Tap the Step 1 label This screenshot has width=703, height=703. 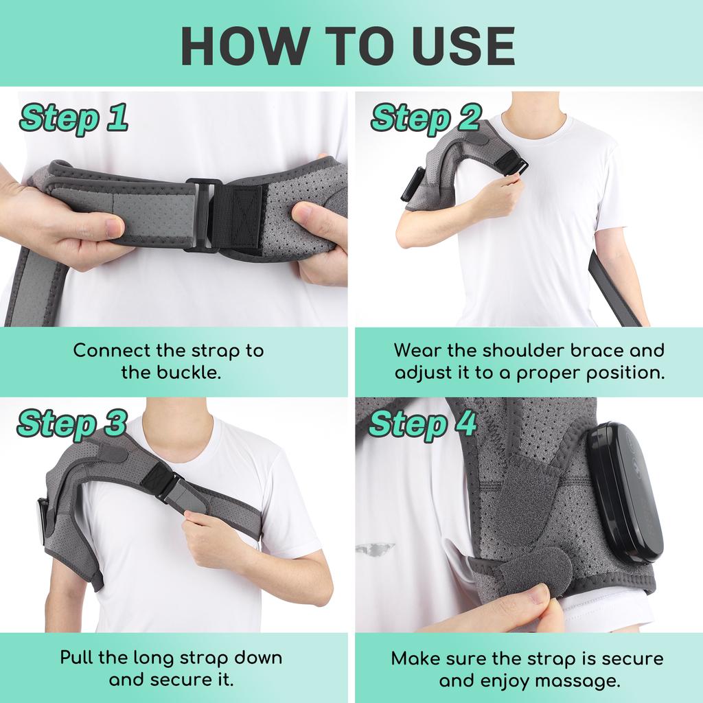click(73, 118)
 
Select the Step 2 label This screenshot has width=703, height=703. click(426, 118)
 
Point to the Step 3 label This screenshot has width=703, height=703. click(72, 424)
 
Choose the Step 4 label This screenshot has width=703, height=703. click(423, 424)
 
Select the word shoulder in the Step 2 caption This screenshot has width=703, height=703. click(529, 351)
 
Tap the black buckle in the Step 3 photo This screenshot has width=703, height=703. click(165, 482)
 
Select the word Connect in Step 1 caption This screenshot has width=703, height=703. click(113, 351)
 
